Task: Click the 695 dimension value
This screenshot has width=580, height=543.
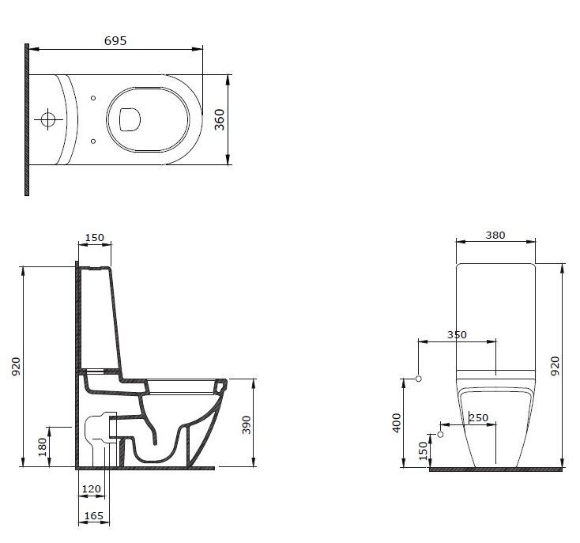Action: [115, 40]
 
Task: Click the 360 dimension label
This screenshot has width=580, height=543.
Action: [220, 119]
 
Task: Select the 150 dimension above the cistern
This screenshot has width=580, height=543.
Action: [95, 237]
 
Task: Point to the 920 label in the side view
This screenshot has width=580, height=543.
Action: [16, 367]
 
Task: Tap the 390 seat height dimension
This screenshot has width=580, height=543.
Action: [247, 424]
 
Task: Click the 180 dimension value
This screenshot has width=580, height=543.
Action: [43, 447]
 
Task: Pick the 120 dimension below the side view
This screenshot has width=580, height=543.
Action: [92, 489]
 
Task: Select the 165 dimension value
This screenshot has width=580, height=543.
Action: [94, 515]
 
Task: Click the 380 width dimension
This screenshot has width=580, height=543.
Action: [495, 236]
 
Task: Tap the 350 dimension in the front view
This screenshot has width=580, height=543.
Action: [457, 335]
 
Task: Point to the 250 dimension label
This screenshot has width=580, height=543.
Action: [479, 418]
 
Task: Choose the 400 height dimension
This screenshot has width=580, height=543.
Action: [397, 423]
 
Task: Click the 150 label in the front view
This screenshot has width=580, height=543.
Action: [424, 451]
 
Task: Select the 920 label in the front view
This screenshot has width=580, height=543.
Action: [556, 366]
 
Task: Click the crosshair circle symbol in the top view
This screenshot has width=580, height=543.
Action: [47, 119]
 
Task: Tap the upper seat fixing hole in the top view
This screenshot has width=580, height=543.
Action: [93, 98]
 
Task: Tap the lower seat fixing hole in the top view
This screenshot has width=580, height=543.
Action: [93, 141]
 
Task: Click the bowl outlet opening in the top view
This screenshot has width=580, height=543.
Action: [130, 120]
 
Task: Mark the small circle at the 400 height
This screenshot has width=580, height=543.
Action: [419, 379]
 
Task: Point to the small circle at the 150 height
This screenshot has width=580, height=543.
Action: [440, 434]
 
